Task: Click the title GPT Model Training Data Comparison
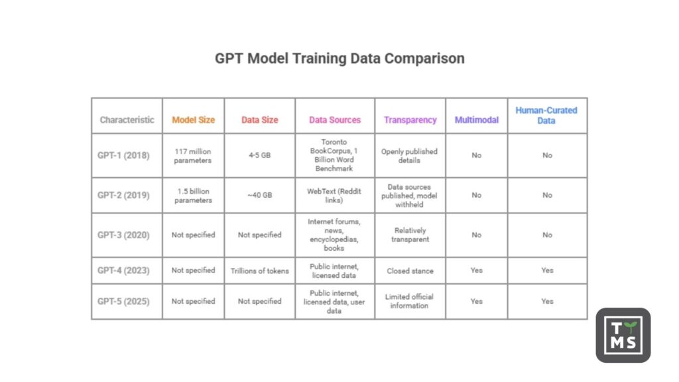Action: (x=339, y=58)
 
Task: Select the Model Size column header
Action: (x=193, y=120)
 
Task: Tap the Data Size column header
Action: (x=259, y=120)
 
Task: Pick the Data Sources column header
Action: (x=334, y=120)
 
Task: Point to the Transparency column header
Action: (x=410, y=120)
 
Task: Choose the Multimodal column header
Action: (x=476, y=120)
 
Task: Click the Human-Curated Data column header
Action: (x=546, y=115)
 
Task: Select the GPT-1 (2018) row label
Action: (x=123, y=156)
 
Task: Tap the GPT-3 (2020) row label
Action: (x=123, y=235)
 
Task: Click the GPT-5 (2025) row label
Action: (x=123, y=301)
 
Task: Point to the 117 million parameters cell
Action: (x=193, y=156)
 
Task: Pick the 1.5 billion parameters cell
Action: (x=193, y=196)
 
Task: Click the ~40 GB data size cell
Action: (x=259, y=196)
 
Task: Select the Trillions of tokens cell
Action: (x=259, y=271)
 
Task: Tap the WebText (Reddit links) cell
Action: (x=334, y=196)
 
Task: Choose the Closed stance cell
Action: (x=410, y=271)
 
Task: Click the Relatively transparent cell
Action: (x=410, y=235)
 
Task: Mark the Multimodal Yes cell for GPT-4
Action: (x=476, y=271)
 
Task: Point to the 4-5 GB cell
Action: (x=259, y=156)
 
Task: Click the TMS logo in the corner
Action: (x=623, y=335)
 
